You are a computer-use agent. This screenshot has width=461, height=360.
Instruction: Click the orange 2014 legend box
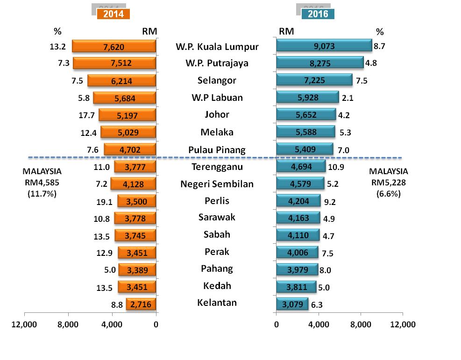pyautogui.click(x=113, y=14)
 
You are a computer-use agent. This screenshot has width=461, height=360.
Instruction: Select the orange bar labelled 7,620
pyautogui.click(x=114, y=46)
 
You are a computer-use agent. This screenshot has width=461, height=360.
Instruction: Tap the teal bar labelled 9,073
pyautogui.click(x=324, y=45)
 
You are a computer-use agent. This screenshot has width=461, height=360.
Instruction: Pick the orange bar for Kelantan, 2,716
pyautogui.click(x=141, y=304)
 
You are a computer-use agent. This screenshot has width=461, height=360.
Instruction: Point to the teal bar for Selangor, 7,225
pyautogui.click(x=314, y=80)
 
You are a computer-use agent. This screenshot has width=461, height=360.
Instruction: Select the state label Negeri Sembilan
pyautogui.click(x=217, y=184)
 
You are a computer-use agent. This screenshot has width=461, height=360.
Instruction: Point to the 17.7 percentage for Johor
pyautogui.click(x=89, y=115)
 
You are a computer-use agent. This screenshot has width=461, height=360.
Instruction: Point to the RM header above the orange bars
pyautogui.click(x=149, y=31)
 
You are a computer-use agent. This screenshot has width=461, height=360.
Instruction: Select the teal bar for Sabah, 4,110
pyautogui.click(x=298, y=235)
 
